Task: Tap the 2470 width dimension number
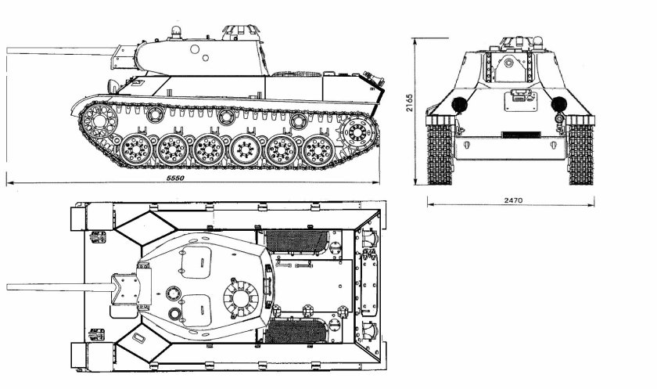(x=512, y=200)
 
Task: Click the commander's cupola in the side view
(x=240, y=32)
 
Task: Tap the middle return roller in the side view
(x=226, y=117)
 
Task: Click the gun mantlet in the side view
(x=125, y=56)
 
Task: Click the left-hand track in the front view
(x=440, y=153)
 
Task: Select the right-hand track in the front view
(x=580, y=153)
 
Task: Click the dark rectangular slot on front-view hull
(x=521, y=134)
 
